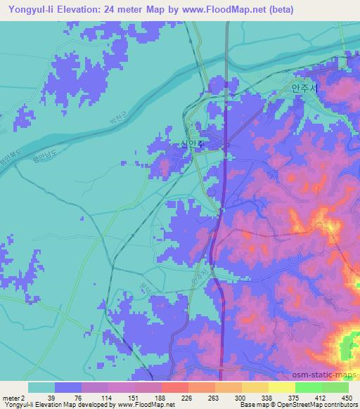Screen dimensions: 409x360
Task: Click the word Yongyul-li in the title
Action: pos(29,9)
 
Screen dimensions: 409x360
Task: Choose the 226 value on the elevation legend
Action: pos(187,397)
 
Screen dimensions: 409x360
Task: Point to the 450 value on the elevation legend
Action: pos(345,397)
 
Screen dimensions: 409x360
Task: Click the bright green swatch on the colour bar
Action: pos(309,387)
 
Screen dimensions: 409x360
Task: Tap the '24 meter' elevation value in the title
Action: pos(129,9)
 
